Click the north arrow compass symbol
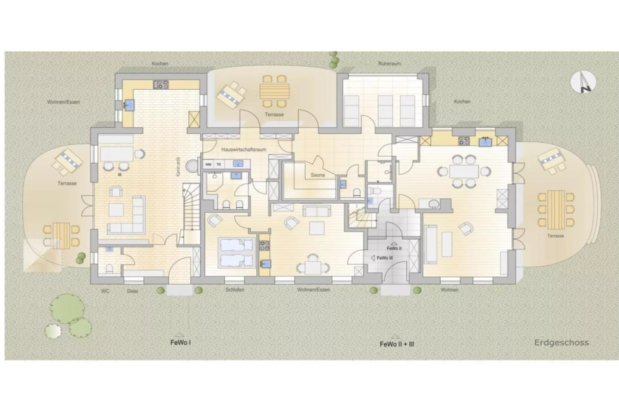click(583, 82)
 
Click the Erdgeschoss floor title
click(561, 342)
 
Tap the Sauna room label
click(318, 175)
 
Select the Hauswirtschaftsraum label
click(244, 149)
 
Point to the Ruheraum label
click(389, 63)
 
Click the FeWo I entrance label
click(180, 342)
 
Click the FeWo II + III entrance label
click(397, 344)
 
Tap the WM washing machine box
click(208, 164)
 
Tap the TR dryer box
click(219, 164)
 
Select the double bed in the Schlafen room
click(236, 253)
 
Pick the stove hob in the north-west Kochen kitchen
click(161, 84)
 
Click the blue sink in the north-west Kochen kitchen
click(130, 105)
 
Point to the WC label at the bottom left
click(105, 291)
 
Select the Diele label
click(132, 291)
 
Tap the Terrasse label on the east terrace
click(555, 235)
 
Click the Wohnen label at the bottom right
click(449, 289)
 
